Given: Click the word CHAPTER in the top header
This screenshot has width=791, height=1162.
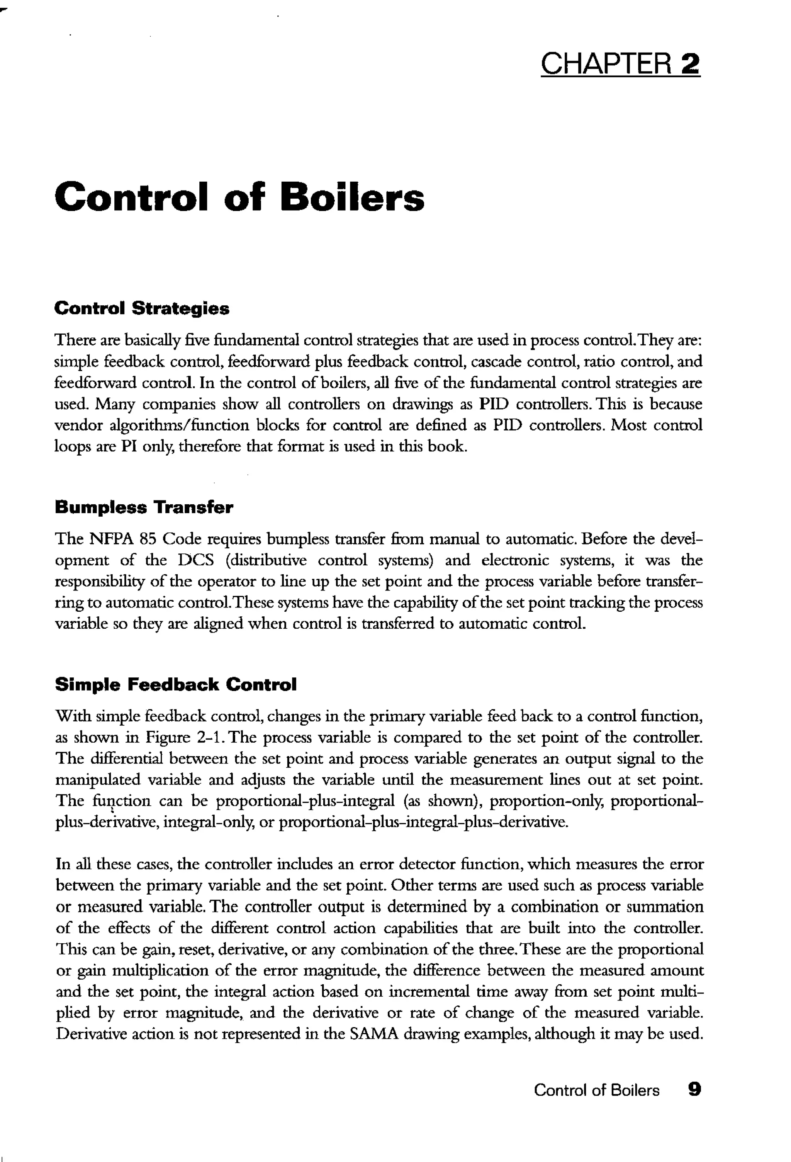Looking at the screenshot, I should (x=606, y=64).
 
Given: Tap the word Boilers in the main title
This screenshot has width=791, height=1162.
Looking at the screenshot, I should (x=352, y=197).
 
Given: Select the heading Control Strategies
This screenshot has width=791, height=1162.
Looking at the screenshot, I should (x=141, y=308).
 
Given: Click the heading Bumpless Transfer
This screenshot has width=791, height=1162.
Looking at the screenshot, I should (x=144, y=507).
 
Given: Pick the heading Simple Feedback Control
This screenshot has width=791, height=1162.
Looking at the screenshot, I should (x=176, y=684).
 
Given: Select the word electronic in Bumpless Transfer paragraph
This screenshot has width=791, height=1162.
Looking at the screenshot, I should (x=515, y=560).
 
